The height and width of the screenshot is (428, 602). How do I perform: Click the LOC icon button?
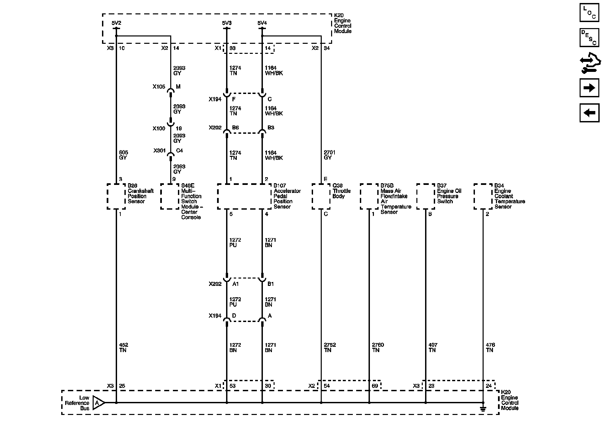coord(589,12)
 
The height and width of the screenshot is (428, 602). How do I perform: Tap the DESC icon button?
coord(589,37)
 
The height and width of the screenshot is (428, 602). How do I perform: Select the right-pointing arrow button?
coord(589,88)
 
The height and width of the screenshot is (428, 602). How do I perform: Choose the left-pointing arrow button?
coord(589,113)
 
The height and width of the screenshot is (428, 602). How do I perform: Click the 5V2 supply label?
coord(116,23)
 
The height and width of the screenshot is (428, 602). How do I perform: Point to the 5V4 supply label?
coord(262,23)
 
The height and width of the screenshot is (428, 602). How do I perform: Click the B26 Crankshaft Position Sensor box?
coord(116,196)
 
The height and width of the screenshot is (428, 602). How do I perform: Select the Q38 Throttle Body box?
coord(321,196)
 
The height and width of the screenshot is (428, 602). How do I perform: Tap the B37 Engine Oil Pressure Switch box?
coord(425,196)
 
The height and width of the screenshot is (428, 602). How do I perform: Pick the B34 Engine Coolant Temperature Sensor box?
coord(483,196)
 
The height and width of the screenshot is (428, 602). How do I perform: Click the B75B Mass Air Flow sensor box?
coord(369,196)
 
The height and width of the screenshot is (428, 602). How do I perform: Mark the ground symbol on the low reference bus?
coord(483,408)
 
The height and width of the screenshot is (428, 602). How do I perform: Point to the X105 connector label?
coord(159,87)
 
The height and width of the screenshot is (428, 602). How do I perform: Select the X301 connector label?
coord(160,151)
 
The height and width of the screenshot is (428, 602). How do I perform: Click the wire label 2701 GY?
coord(329,155)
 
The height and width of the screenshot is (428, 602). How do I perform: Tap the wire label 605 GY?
coord(123,155)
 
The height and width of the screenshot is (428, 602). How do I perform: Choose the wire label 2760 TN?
coord(378,347)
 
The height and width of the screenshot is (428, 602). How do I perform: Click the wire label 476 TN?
coord(490,347)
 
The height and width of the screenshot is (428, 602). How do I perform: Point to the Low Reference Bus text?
coord(77,403)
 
